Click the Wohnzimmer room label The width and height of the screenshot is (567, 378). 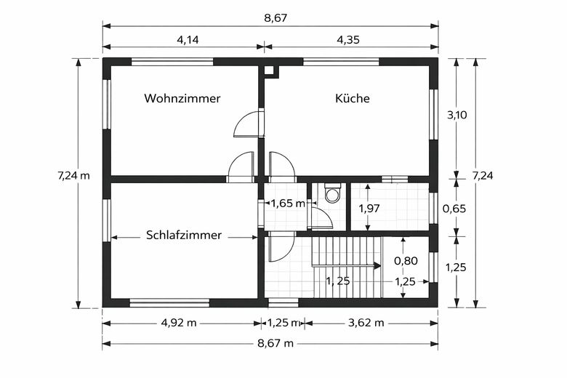(182, 98)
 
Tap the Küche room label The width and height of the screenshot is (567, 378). (353, 98)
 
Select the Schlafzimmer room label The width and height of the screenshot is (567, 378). (183, 236)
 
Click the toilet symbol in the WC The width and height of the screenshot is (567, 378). (333, 193)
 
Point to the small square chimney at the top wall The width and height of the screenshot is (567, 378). (270, 71)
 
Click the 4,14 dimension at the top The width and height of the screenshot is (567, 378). (188, 39)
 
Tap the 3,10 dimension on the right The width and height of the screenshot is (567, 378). (456, 115)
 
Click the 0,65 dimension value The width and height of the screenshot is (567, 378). (455, 209)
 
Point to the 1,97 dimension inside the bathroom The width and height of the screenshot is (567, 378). (369, 209)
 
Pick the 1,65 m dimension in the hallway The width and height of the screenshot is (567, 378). (286, 204)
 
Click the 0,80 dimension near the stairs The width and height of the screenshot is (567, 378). (405, 260)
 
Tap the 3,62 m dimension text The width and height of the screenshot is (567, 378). (366, 323)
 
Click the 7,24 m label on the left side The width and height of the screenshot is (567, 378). (73, 175)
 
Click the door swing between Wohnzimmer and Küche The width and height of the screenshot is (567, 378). (248, 124)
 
